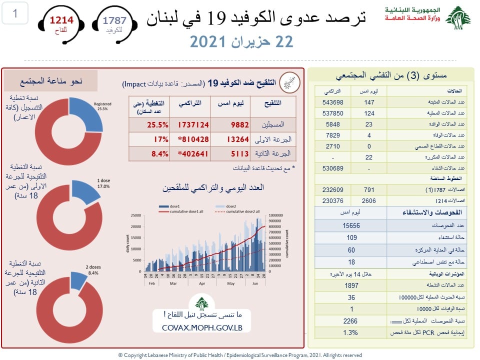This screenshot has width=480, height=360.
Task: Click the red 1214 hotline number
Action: (60, 20)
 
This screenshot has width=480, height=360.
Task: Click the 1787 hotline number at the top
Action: (114, 20)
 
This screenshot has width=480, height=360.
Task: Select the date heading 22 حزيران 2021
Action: (241, 42)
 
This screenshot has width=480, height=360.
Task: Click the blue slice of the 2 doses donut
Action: (78, 280)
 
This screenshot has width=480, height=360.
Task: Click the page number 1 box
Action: (15, 14)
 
